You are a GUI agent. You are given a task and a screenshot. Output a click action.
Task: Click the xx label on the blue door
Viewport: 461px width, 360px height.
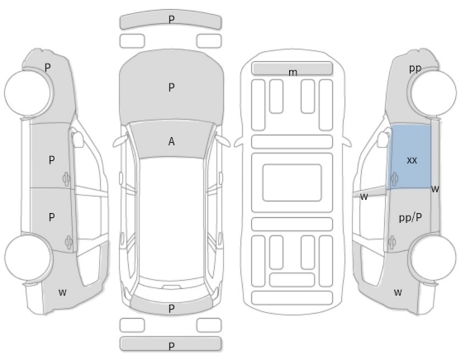[x=411, y=160]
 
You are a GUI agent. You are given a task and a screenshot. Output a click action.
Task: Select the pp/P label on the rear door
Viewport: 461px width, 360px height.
[x=411, y=218]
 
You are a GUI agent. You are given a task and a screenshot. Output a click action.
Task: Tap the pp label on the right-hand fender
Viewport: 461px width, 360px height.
[x=415, y=69]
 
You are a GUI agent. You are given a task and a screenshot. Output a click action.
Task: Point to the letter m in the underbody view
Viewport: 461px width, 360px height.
[x=292, y=73]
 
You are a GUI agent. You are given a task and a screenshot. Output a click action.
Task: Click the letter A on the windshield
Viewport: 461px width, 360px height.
[x=171, y=142]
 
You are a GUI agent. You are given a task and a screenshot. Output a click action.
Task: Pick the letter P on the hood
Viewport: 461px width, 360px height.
[x=171, y=88]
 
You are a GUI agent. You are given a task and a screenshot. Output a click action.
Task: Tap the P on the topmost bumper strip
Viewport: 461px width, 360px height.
[x=171, y=20]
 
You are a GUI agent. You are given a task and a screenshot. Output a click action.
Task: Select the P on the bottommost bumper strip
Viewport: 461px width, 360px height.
[x=171, y=346]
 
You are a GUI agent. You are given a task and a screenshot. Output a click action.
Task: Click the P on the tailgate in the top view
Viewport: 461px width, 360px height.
[x=171, y=309]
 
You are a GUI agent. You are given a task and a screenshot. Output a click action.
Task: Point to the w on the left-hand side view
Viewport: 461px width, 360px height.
[x=62, y=292]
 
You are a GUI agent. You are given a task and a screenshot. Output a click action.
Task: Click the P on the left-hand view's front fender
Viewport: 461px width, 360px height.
[x=48, y=68]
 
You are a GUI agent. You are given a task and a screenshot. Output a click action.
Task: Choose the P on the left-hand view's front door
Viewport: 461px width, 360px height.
[x=51, y=160]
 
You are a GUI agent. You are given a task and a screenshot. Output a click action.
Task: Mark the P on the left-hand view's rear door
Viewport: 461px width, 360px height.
[x=51, y=217]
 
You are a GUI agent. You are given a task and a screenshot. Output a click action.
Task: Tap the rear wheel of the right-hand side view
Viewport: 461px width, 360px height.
[x=433, y=257]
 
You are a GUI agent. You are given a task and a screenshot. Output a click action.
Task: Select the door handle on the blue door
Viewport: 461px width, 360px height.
[x=394, y=178]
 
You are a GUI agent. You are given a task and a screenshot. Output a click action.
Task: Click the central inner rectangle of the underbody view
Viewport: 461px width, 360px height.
[x=292, y=182]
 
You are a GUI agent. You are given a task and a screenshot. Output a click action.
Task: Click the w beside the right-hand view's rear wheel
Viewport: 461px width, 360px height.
[x=397, y=292]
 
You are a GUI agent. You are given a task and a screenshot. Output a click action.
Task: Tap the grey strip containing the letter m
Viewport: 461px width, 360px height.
[x=292, y=69]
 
